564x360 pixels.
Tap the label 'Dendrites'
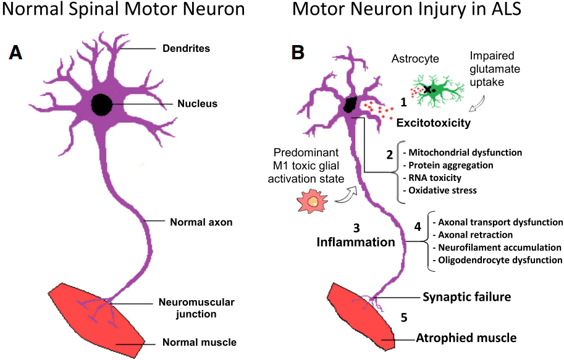(186, 48)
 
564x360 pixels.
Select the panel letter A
(15, 53)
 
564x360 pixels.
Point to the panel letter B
(297, 53)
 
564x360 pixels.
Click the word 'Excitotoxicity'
(433, 123)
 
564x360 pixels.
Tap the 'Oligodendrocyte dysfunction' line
(498, 260)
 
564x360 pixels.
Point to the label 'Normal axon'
(201, 221)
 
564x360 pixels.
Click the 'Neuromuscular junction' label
(196, 308)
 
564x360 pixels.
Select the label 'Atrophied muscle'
(466, 338)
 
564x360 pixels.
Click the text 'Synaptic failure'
(466, 297)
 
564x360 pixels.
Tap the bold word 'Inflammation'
(355, 242)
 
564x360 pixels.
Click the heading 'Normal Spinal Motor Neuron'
(124, 10)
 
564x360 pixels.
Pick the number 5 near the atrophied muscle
(404, 318)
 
